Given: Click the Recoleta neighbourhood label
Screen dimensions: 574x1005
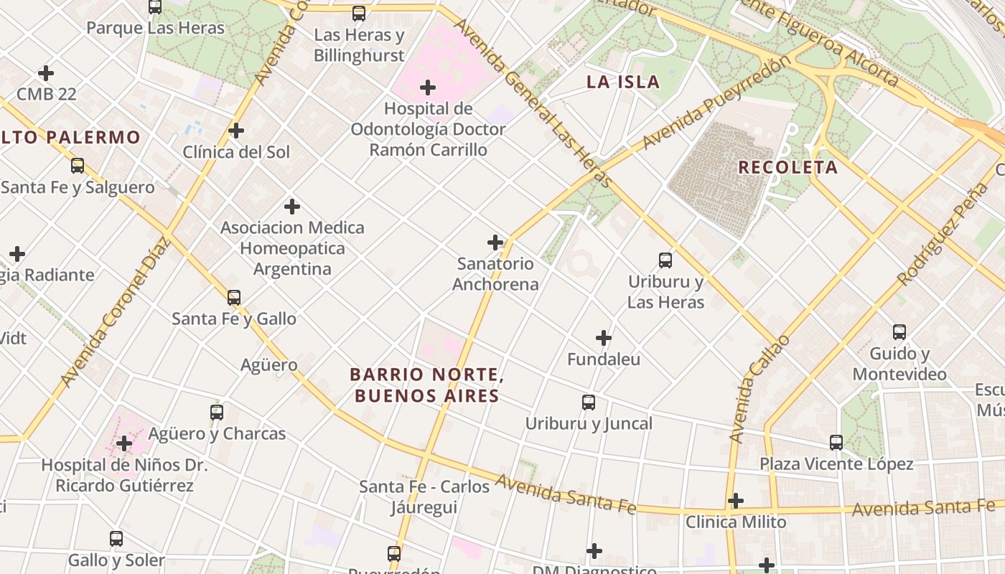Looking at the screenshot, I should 787,167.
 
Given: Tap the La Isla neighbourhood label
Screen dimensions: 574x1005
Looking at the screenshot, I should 622,82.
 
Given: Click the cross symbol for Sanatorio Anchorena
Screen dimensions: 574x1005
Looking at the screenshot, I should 495,243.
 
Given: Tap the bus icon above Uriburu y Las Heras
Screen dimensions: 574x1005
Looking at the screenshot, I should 665,260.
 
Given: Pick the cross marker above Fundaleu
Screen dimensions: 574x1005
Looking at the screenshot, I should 604,338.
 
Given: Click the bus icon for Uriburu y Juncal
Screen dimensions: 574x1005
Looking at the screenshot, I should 589,403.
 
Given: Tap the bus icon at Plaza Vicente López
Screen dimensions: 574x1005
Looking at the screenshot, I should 836,443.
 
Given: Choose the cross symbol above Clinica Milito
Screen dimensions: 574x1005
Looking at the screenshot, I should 736,500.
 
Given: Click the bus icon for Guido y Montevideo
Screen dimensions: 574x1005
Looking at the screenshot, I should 899,332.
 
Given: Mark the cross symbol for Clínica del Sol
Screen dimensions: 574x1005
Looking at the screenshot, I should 236,131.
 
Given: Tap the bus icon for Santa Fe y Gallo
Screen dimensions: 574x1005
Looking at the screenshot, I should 234,298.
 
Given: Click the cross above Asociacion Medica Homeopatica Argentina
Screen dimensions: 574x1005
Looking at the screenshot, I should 292,207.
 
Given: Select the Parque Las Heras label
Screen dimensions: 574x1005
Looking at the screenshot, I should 156,28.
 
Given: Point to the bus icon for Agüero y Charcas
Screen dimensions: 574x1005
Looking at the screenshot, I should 217,413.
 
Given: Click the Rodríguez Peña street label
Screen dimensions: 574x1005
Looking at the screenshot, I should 943,234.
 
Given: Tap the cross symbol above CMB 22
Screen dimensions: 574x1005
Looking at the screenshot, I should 46,73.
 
